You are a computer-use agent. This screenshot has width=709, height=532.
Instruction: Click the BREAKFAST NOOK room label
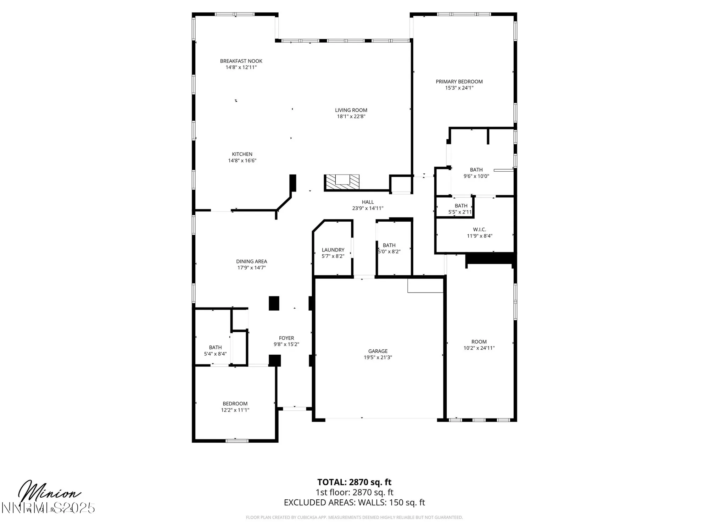click(241, 61)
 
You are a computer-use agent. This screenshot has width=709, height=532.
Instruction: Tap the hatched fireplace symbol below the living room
click(342, 182)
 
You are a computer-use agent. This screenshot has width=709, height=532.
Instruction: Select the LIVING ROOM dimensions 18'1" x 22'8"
click(351, 116)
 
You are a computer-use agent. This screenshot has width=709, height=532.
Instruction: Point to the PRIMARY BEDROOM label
click(459, 82)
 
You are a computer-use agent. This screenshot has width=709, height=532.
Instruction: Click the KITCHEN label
click(242, 154)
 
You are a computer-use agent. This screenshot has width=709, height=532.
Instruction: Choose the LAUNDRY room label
click(333, 250)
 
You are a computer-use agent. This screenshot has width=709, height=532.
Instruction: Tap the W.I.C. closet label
click(479, 229)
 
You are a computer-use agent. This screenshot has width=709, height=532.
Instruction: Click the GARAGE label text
click(378, 351)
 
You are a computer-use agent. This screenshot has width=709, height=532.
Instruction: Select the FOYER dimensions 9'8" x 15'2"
click(286, 344)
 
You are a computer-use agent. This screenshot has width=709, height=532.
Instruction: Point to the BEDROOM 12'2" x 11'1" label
click(235, 406)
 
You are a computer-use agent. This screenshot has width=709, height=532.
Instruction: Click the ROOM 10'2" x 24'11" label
click(479, 345)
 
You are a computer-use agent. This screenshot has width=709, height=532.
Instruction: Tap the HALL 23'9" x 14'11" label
click(368, 205)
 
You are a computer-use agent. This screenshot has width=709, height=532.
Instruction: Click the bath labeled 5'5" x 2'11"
click(460, 209)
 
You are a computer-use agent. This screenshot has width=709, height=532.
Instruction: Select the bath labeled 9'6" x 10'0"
click(476, 173)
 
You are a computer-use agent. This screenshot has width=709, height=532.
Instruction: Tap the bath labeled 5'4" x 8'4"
click(215, 350)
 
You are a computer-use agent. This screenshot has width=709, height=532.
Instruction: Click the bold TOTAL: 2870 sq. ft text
click(354, 482)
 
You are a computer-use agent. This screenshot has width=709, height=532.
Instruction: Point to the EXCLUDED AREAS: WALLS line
click(354, 502)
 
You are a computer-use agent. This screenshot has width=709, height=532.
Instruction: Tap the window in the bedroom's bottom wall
click(237, 441)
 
